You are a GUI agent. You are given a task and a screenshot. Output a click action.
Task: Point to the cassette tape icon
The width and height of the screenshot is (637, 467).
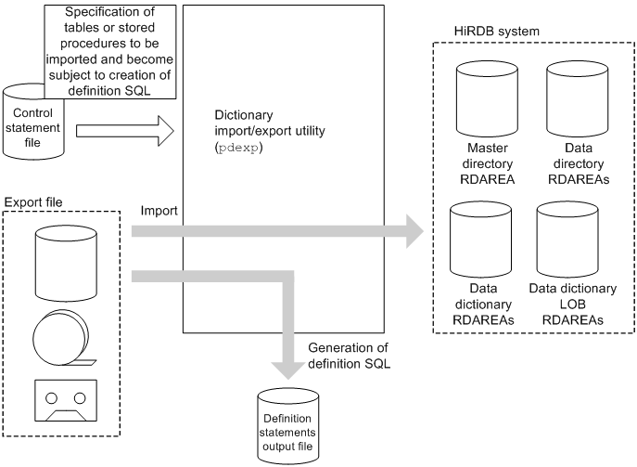pos(63,401)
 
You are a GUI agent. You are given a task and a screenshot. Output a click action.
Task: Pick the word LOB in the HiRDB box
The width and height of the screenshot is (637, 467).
pos(572,305)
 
